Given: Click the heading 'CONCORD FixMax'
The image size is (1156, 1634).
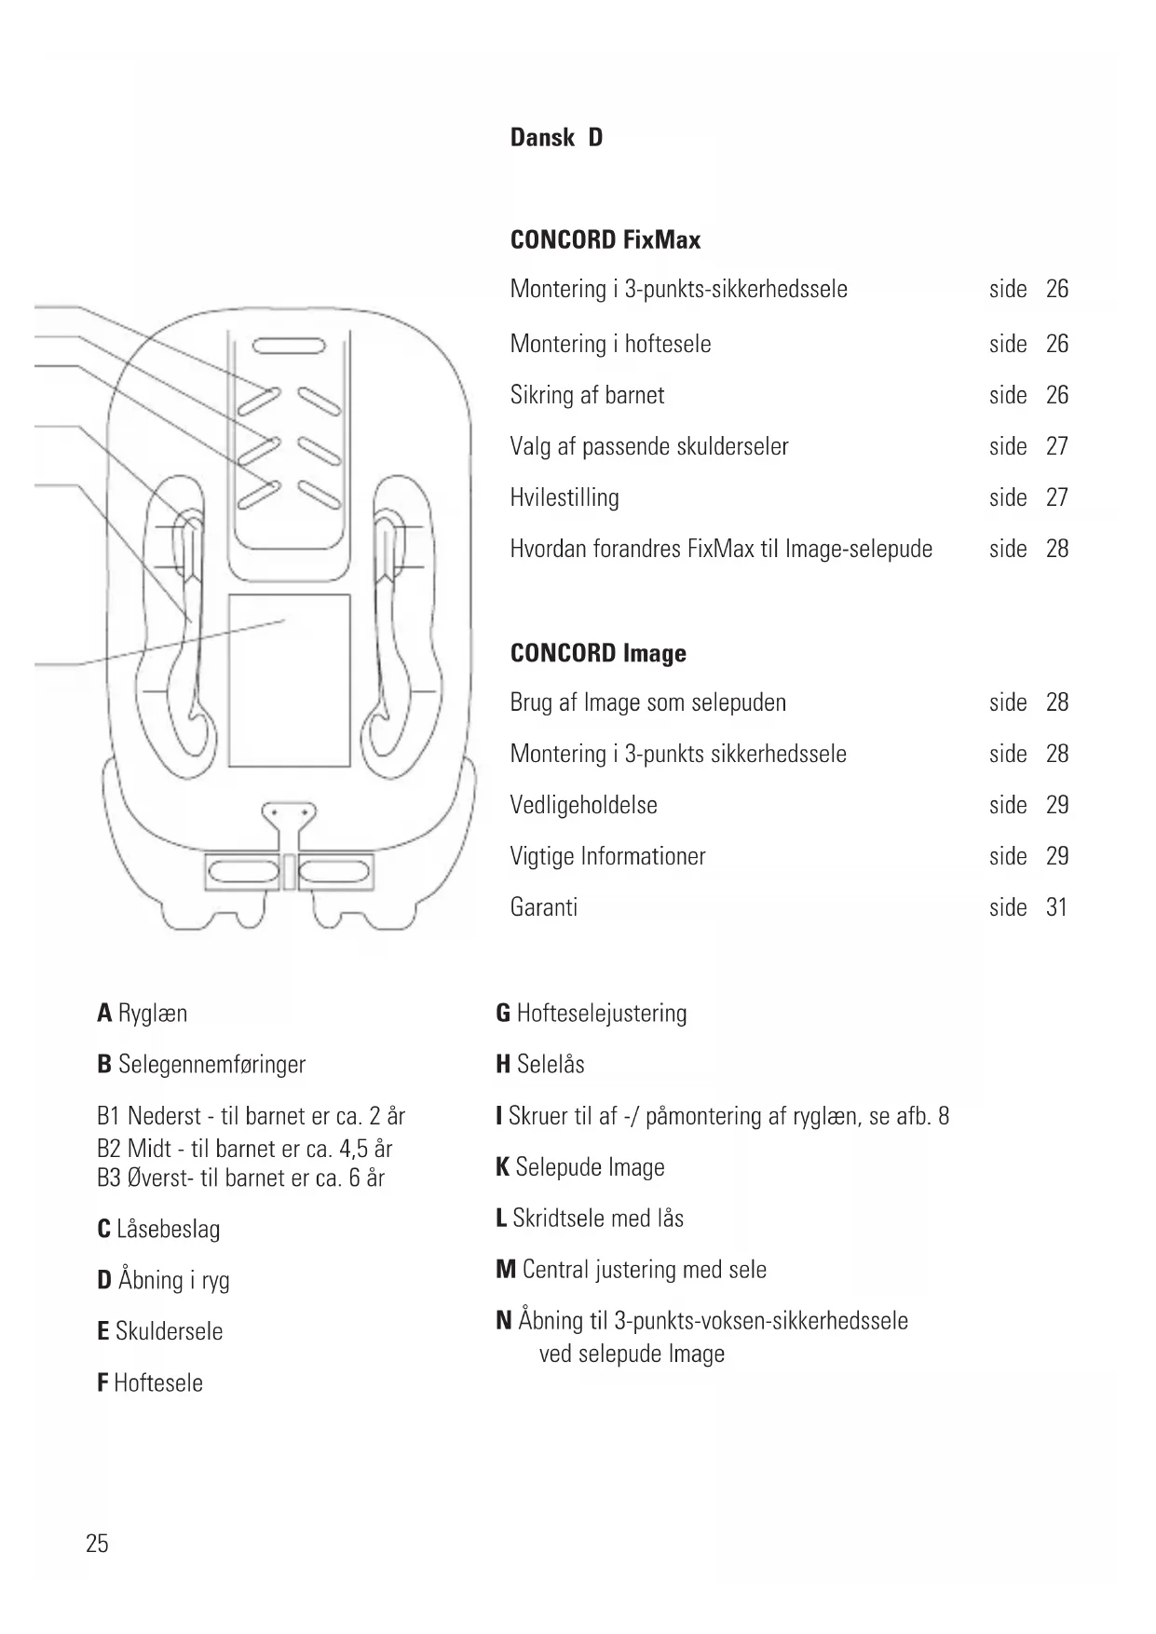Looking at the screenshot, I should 605,240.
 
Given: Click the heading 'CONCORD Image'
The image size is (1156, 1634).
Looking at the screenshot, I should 598,654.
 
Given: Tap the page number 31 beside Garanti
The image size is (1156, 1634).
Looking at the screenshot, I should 1056,907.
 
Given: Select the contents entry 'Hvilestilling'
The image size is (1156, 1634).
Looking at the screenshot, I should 564,497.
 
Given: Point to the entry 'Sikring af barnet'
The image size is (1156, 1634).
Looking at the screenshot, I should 587,395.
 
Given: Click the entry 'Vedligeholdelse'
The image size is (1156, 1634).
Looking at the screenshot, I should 583,805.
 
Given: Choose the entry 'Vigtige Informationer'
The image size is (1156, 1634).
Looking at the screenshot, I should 607,856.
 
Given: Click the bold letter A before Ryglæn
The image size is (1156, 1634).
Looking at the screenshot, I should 104,1014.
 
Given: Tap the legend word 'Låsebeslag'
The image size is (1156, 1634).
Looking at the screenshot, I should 169,1229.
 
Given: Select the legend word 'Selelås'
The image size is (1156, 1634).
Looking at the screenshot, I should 551,1064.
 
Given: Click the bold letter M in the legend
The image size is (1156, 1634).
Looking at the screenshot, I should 506,1270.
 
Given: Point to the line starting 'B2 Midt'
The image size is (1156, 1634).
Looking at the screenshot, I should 244,1149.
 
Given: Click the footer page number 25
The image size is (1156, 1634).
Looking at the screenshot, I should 97,1544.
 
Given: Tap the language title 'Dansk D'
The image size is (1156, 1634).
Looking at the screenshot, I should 556,138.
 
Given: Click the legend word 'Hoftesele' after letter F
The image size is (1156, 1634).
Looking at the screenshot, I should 158,1382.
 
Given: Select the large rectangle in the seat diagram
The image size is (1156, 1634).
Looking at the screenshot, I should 289,680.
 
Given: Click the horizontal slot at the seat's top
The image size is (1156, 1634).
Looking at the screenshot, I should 288,348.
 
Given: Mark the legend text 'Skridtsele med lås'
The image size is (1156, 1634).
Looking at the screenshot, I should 598,1219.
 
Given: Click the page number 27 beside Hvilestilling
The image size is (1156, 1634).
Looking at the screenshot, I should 1056,497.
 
